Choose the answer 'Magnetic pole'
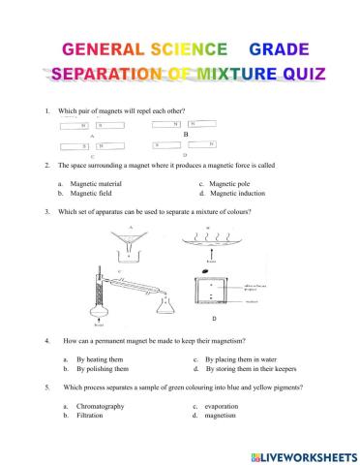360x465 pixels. pyautogui.click(x=228, y=183)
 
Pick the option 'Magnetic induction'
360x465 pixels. pyautogui.click(x=237, y=193)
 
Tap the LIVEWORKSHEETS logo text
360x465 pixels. pyautogui.click(x=305, y=454)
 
